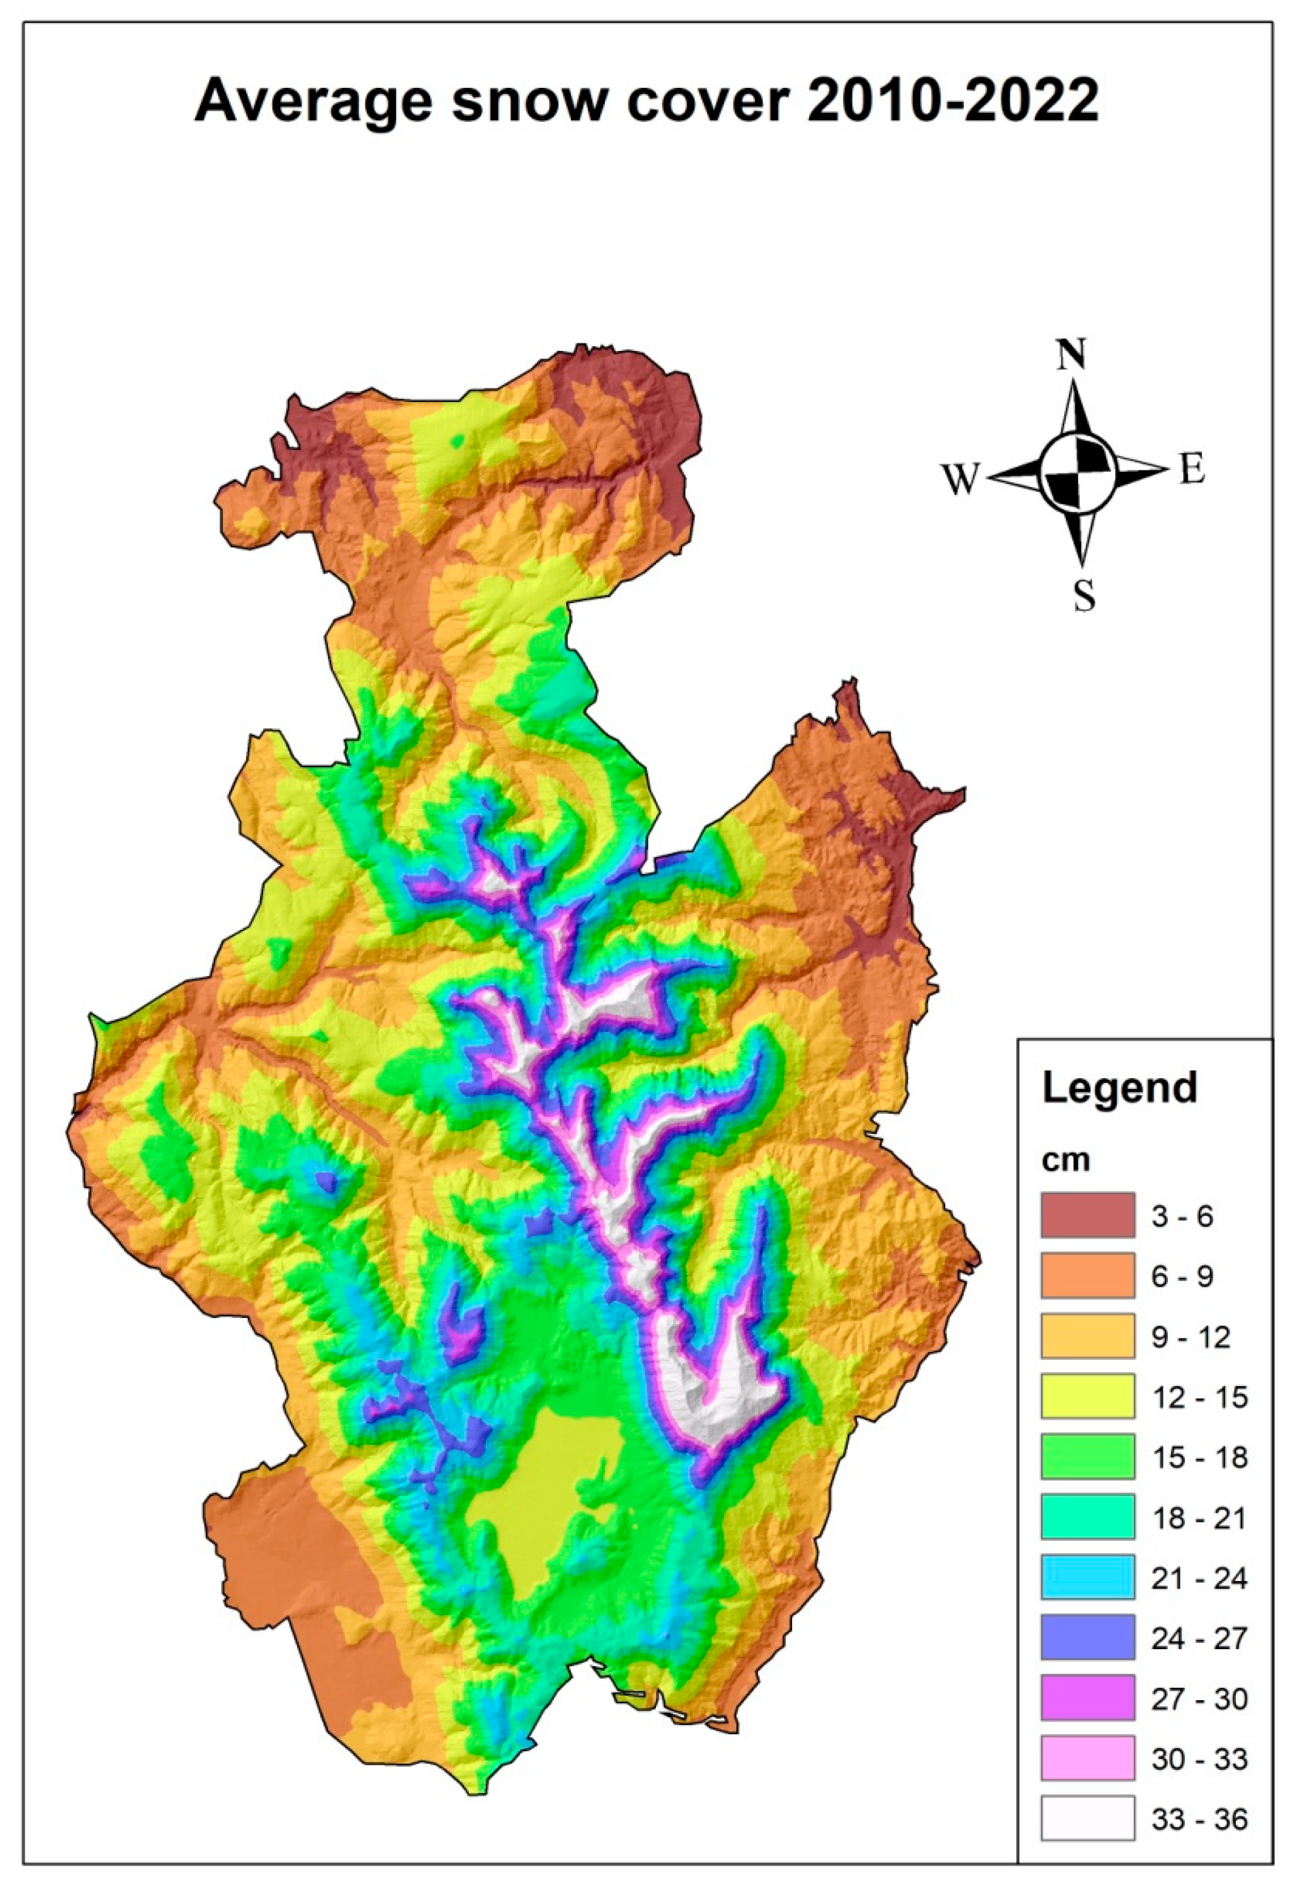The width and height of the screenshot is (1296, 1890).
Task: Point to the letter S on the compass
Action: [1083, 597]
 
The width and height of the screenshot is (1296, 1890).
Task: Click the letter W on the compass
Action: [960, 479]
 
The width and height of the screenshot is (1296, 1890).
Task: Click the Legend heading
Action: [1120, 1087]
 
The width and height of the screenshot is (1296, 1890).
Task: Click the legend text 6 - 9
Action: [1181, 1276]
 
